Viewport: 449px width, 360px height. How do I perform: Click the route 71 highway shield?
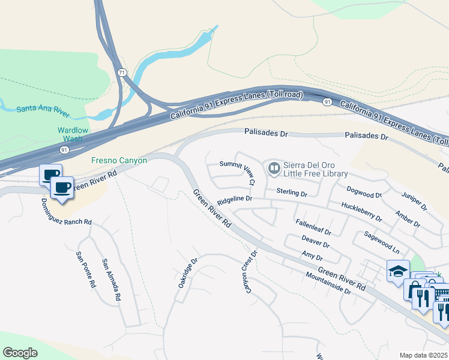click(x=122, y=73)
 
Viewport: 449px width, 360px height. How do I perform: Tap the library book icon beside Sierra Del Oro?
click(x=274, y=169)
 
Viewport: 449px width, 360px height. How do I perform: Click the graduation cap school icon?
click(x=398, y=271)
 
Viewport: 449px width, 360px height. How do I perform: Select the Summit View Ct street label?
click(x=237, y=173)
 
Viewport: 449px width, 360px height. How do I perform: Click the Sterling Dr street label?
click(x=292, y=193)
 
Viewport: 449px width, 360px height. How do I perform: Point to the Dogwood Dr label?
click(x=364, y=192)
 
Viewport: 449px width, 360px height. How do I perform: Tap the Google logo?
click(x=20, y=353)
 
